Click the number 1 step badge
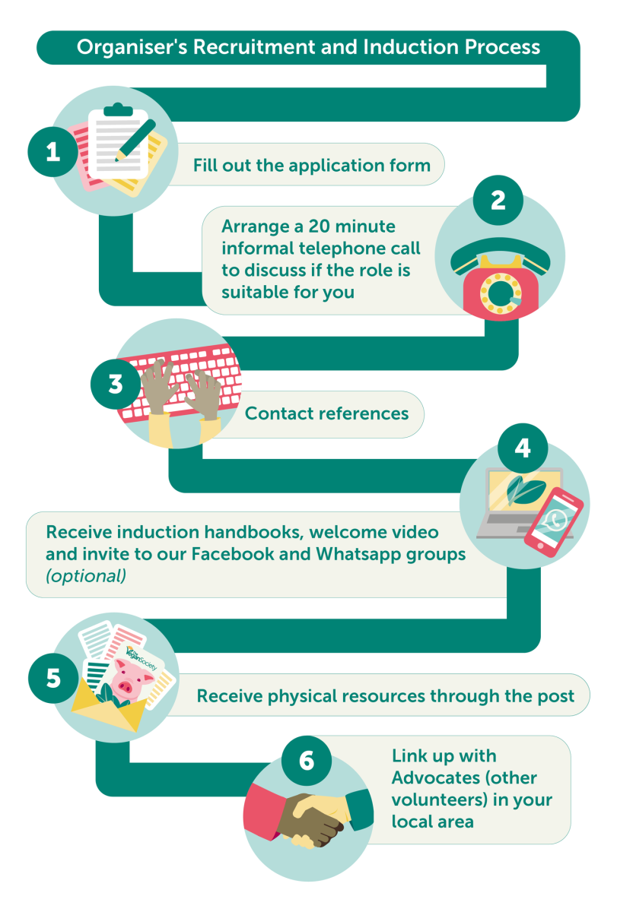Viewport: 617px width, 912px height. pos(52,152)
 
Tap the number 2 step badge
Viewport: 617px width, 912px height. pos(498,201)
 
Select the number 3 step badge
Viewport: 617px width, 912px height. pos(116,384)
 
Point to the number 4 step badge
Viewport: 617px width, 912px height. pos(523,448)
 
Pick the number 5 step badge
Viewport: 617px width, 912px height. pos(53,678)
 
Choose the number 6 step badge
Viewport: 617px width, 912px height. pos(307,761)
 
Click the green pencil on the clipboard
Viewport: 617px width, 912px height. pos(135,140)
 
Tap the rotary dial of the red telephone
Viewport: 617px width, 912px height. pos(501,294)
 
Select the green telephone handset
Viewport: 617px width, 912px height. pos(500,253)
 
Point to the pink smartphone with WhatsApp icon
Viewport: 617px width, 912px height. pos(553,522)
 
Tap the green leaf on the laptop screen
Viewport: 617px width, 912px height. pos(525,489)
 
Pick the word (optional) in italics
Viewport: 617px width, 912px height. pos(85,576)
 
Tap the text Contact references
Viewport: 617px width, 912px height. pos(326,413)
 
